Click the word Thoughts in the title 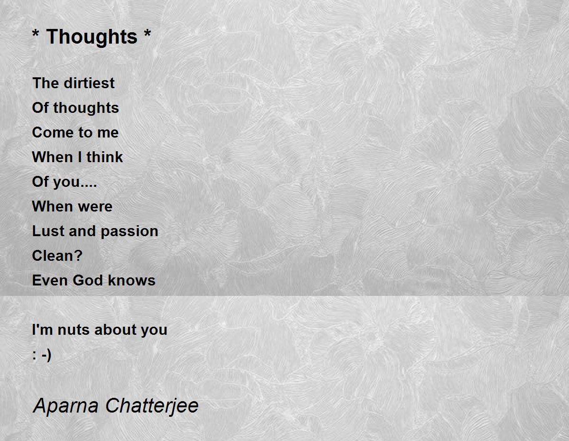pos(92,37)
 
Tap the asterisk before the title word pos(36,33)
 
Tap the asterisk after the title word pos(147,33)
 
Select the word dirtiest pos(89,83)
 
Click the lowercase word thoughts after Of pos(86,108)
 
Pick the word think pos(105,157)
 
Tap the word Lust pos(48,231)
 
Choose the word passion pos(129,232)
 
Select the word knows pos(132,280)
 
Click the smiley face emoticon pos(42,355)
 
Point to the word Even pos(49,280)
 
